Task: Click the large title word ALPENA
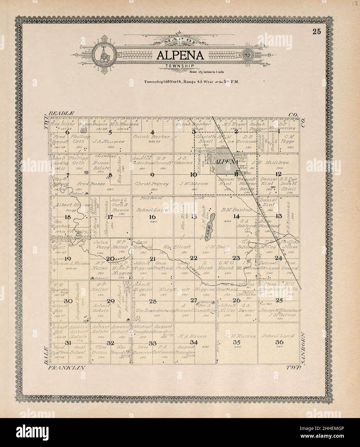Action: click(180, 55)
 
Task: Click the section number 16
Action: click(152, 217)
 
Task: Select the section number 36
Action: click(279, 342)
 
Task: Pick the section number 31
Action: click(68, 343)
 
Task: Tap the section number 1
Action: click(279, 131)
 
